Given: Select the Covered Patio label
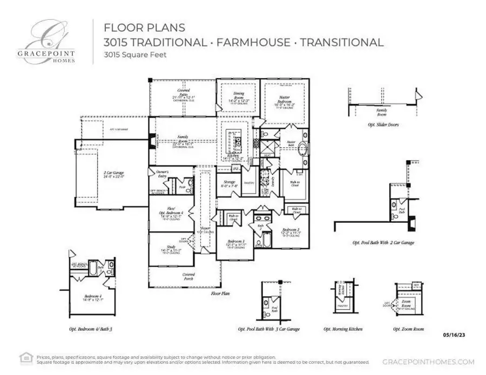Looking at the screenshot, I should pos(183,94).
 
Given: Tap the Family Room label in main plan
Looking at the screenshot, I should pos(183,141).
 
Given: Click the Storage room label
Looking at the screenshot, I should pos(229,185).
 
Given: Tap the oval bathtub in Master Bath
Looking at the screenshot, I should pos(303,150).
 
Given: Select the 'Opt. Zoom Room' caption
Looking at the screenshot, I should pos(408,329).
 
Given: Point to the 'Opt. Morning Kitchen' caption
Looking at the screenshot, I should pos(343,329).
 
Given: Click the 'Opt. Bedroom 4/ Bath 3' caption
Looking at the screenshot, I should pos(92,329).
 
